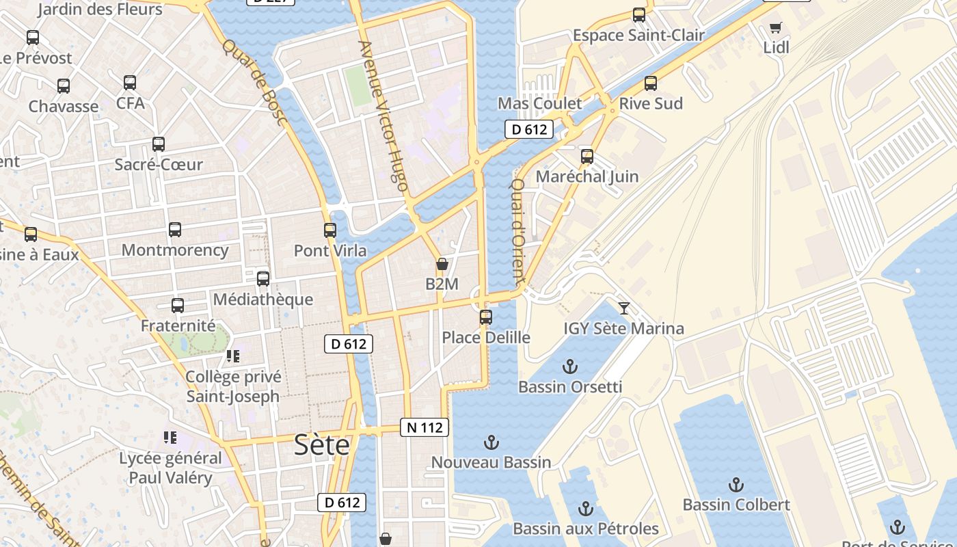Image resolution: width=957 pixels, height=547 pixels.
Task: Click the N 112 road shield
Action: tap(424, 428)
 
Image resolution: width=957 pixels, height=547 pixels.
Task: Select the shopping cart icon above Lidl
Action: tap(775, 27)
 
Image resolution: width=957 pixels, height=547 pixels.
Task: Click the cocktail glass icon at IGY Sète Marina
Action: tap(623, 308)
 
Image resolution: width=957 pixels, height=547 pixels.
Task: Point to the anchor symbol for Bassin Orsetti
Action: tap(569, 366)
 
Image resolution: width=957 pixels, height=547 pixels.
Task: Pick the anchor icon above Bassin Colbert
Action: tap(736, 485)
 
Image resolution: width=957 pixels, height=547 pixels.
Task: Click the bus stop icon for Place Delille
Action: tap(486, 317)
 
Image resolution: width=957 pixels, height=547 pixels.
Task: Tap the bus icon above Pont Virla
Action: tap(330, 230)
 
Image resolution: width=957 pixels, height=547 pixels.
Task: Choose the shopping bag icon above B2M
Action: tap(442, 264)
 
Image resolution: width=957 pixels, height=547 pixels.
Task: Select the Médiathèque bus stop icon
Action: tap(263, 279)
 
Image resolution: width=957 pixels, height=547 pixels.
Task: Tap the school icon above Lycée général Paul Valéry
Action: tap(170, 438)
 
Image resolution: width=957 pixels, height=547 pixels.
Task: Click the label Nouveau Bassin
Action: tap(491, 462)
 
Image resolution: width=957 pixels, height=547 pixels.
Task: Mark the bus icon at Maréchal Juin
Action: tap(587, 157)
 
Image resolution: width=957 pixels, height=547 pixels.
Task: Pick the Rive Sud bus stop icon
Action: tap(651, 83)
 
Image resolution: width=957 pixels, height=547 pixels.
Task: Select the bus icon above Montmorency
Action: tap(175, 230)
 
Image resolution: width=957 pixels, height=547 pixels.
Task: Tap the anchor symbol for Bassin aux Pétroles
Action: tap(585, 509)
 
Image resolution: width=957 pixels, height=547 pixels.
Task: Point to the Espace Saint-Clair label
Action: tap(638, 35)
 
